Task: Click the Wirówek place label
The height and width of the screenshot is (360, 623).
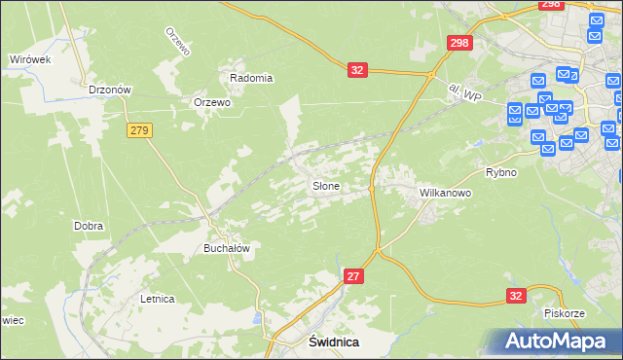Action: coord(29,59)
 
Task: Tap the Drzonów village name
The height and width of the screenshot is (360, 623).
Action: coord(109,90)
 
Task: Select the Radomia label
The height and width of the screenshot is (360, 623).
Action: coord(251,78)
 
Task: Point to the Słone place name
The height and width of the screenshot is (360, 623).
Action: coord(325,185)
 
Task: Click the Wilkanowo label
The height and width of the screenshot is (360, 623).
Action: coord(445,193)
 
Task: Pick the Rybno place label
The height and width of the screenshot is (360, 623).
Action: coord(500,172)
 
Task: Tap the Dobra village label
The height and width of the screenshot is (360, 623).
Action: coord(89,226)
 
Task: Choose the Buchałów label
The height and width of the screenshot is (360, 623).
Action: coord(227,248)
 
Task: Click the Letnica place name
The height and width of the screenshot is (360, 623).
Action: coord(157,299)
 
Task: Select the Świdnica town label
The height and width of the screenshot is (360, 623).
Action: coord(333,342)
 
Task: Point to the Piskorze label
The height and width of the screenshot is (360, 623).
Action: coord(565,313)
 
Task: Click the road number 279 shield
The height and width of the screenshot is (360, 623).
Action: coord(139,129)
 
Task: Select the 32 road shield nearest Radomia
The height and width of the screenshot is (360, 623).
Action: coord(357,70)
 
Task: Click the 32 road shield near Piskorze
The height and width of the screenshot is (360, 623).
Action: coord(516,295)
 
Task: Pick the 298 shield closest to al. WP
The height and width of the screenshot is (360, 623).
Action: coord(459,43)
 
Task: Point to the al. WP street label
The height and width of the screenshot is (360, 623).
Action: coord(465,92)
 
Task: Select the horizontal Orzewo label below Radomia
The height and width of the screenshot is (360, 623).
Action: coord(211,102)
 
